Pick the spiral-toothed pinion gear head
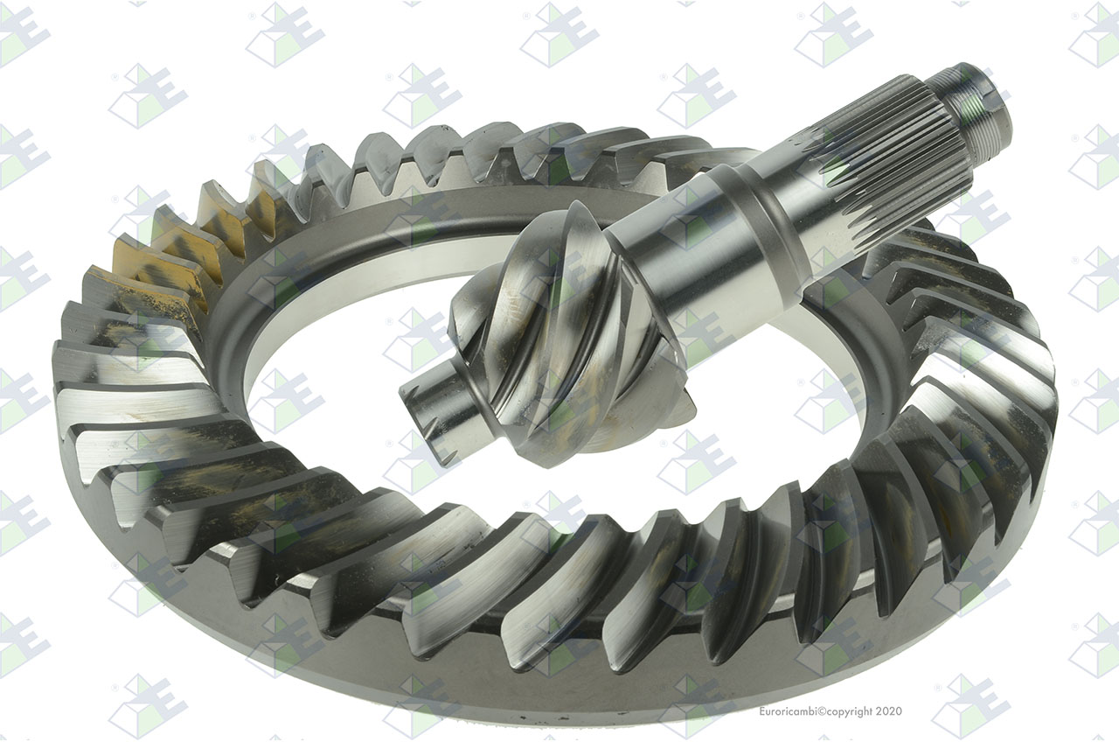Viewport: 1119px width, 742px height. [x=565, y=335]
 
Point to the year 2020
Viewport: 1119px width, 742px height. [x=889, y=711]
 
